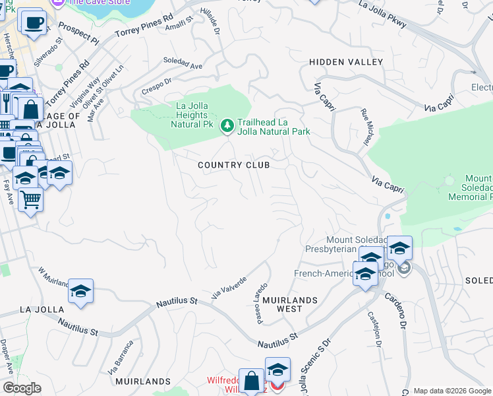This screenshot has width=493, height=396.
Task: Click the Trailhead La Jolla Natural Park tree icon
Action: (227, 125)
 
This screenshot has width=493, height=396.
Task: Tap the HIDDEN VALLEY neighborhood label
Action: (346, 62)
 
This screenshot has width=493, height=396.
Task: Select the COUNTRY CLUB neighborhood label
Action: (233, 165)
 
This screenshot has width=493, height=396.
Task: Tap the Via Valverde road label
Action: (229, 288)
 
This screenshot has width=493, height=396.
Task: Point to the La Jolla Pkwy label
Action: (383, 15)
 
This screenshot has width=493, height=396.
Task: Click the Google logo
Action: (22, 388)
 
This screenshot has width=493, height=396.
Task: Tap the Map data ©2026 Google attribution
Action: (452, 391)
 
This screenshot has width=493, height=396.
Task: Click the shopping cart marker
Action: (30, 199)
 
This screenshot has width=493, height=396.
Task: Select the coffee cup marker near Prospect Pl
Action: (34, 22)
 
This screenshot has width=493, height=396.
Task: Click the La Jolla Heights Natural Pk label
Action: (191, 114)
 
